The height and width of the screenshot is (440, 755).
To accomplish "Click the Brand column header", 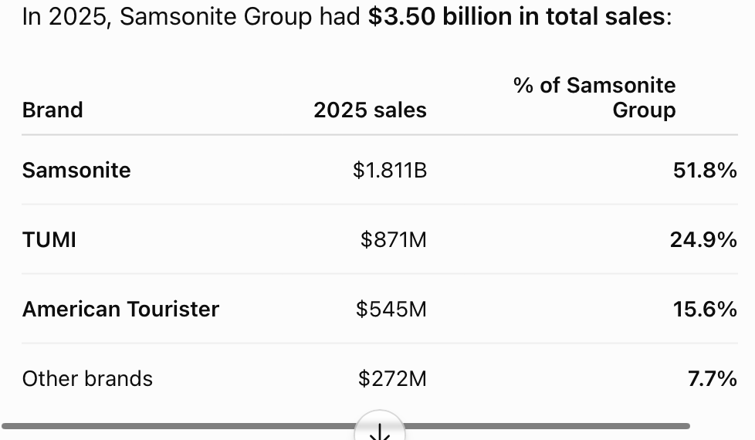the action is click(52, 110).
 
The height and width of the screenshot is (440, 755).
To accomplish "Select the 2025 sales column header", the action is click(370, 110).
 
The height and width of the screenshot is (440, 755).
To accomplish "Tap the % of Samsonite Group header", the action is click(594, 97).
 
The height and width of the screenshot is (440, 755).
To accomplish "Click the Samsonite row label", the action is click(76, 170).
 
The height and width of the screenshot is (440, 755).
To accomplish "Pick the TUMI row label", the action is click(49, 240).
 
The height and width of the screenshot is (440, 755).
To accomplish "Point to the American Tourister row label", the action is click(120, 309).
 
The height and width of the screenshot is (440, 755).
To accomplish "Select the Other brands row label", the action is click(87, 378).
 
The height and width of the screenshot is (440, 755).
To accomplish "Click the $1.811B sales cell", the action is click(390, 170).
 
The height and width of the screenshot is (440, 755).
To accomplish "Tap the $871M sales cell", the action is click(394, 240).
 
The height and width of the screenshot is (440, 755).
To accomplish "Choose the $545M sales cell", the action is click(391, 309).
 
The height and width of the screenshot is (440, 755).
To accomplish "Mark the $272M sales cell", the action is click(392, 378).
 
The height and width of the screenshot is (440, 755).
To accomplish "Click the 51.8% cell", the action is click(705, 170).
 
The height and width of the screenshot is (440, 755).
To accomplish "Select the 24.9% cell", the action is click(703, 240).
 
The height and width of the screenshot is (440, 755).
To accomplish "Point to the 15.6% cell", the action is click(705, 309).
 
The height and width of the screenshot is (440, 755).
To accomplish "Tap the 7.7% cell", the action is click(712, 378).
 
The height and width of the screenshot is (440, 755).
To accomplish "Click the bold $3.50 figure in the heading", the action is click(401, 16).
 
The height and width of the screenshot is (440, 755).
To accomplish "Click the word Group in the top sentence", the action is click(278, 17).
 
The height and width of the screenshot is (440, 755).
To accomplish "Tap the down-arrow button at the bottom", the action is click(379, 427).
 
